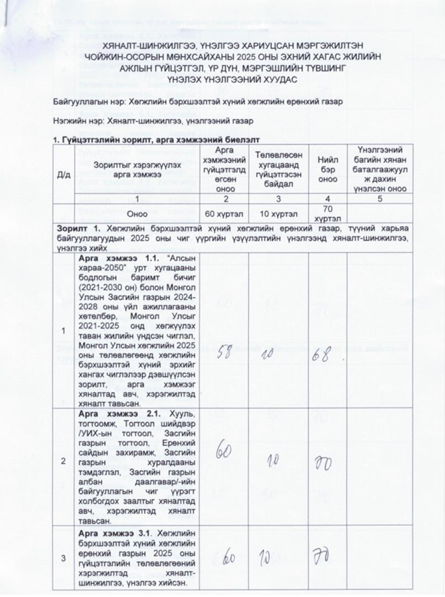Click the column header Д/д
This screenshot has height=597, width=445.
tap(63, 176)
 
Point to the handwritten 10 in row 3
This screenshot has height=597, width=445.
tap(276, 557)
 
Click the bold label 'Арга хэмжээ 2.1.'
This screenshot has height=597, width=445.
tap(110, 416)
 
